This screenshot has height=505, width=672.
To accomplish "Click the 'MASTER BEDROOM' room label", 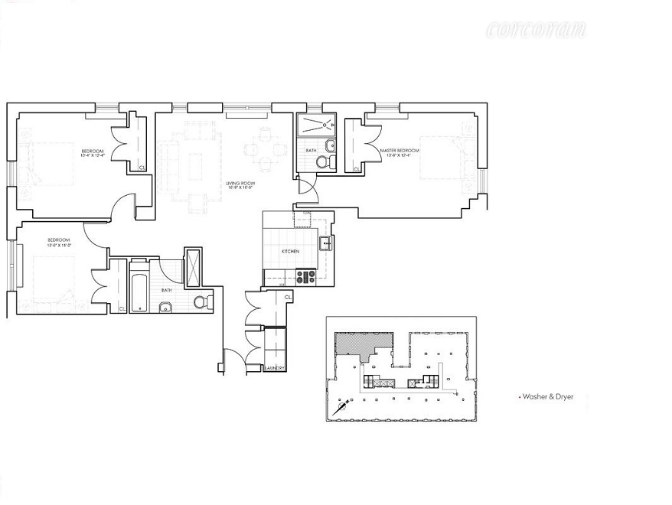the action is click(400, 150).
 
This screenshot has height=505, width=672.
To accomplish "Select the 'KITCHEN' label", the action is click(289, 251).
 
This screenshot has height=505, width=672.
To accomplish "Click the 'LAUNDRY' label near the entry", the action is click(274, 368).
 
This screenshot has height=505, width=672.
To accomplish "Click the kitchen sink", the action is click(325, 244).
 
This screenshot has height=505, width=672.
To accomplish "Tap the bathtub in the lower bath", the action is click(139, 287).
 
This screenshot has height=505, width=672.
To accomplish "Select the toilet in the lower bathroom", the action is click(201, 302).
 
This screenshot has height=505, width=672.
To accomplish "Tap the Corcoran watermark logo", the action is click(536, 31).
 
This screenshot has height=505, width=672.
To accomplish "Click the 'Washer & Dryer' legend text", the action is click(546, 397).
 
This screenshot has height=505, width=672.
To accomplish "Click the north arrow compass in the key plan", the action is click(341, 409).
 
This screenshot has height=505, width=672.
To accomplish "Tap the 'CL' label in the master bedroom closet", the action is click(357, 168).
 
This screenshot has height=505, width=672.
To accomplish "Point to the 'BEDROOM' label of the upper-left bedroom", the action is click(93, 151).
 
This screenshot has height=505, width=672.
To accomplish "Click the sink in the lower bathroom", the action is click(164, 308).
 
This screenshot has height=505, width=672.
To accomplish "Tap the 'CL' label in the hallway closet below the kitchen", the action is click(288, 297).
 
